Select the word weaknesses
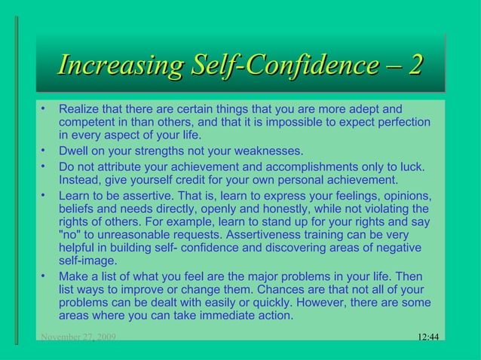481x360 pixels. tap(269, 151)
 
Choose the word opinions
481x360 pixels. tap(405, 195)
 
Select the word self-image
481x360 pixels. tap(87, 261)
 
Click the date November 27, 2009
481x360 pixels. tap(78, 337)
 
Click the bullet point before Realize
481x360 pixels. tap(44, 108)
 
